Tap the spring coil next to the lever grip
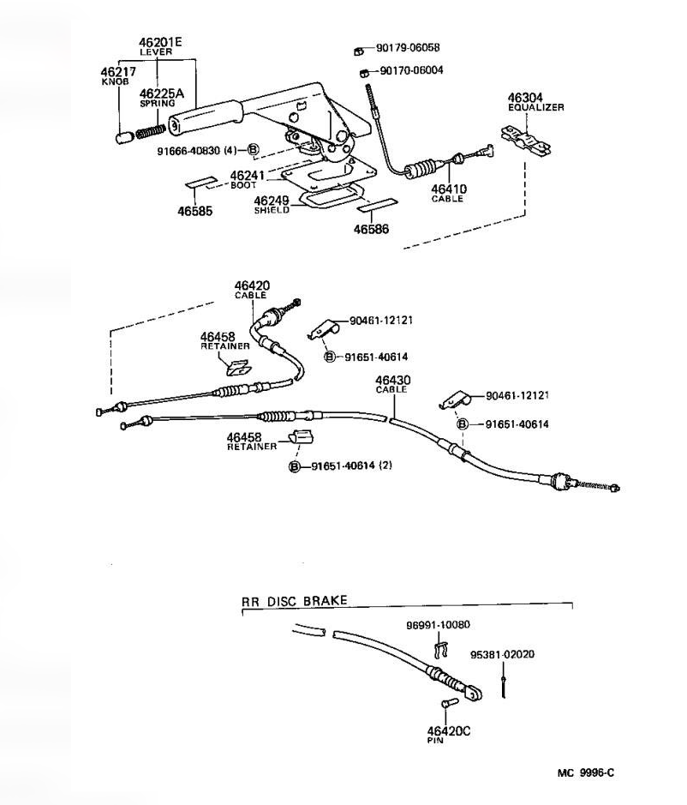click(x=151, y=132)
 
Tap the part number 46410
click(x=447, y=189)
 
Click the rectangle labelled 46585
click(x=202, y=183)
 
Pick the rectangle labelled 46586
click(x=376, y=206)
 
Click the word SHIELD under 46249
click(x=272, y=210)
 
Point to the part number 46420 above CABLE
click(x=252, y=285)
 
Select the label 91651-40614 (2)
click(x=350, y=466)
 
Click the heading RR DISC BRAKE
click(x=295, y=601)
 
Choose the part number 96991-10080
click(x=438, y=625)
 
